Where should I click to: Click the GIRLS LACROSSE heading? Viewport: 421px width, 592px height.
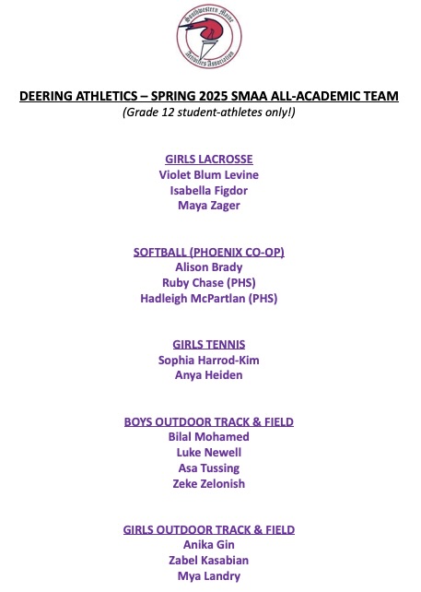209,159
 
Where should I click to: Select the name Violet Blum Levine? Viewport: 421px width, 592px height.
209,174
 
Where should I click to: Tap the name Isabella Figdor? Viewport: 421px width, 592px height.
209,190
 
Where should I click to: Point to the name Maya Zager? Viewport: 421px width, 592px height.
209,206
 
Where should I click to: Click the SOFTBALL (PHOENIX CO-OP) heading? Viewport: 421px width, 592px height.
209,252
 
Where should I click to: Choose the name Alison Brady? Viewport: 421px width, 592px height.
209,267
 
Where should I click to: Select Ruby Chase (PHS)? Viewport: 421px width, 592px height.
209,283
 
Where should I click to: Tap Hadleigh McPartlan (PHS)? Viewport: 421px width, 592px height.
209,299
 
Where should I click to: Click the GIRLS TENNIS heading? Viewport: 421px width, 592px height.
209,345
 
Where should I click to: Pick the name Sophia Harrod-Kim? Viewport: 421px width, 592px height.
209,361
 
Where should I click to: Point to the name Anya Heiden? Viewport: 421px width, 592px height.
209,376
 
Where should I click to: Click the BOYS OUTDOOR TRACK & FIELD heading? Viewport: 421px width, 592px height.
209,421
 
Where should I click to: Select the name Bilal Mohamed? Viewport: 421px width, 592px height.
209,437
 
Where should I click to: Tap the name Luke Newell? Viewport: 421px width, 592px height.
209,453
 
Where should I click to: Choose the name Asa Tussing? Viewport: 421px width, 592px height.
209,468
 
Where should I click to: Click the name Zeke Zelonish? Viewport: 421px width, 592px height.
209,484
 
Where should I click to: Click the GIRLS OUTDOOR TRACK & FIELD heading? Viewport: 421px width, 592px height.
209,529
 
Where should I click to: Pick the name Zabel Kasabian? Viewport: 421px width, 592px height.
209,561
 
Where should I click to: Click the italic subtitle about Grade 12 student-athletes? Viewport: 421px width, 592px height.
209,112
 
